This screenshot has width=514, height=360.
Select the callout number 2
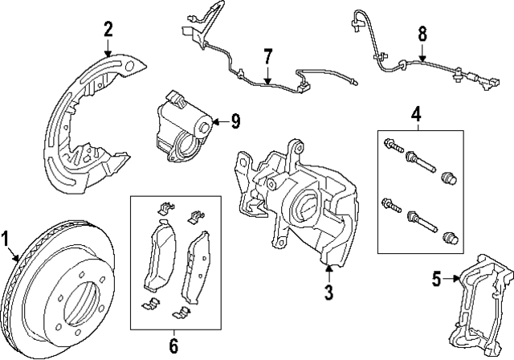(108, 31)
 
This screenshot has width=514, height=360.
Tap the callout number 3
(328, 292)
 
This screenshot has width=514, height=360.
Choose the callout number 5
(437, 280)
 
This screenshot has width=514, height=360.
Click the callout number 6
(173, 346)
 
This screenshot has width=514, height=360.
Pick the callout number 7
(268, 56)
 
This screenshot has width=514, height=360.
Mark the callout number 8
(422, 36)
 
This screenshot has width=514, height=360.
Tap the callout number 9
(235, 121)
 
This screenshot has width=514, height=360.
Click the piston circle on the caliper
(308, 204)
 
